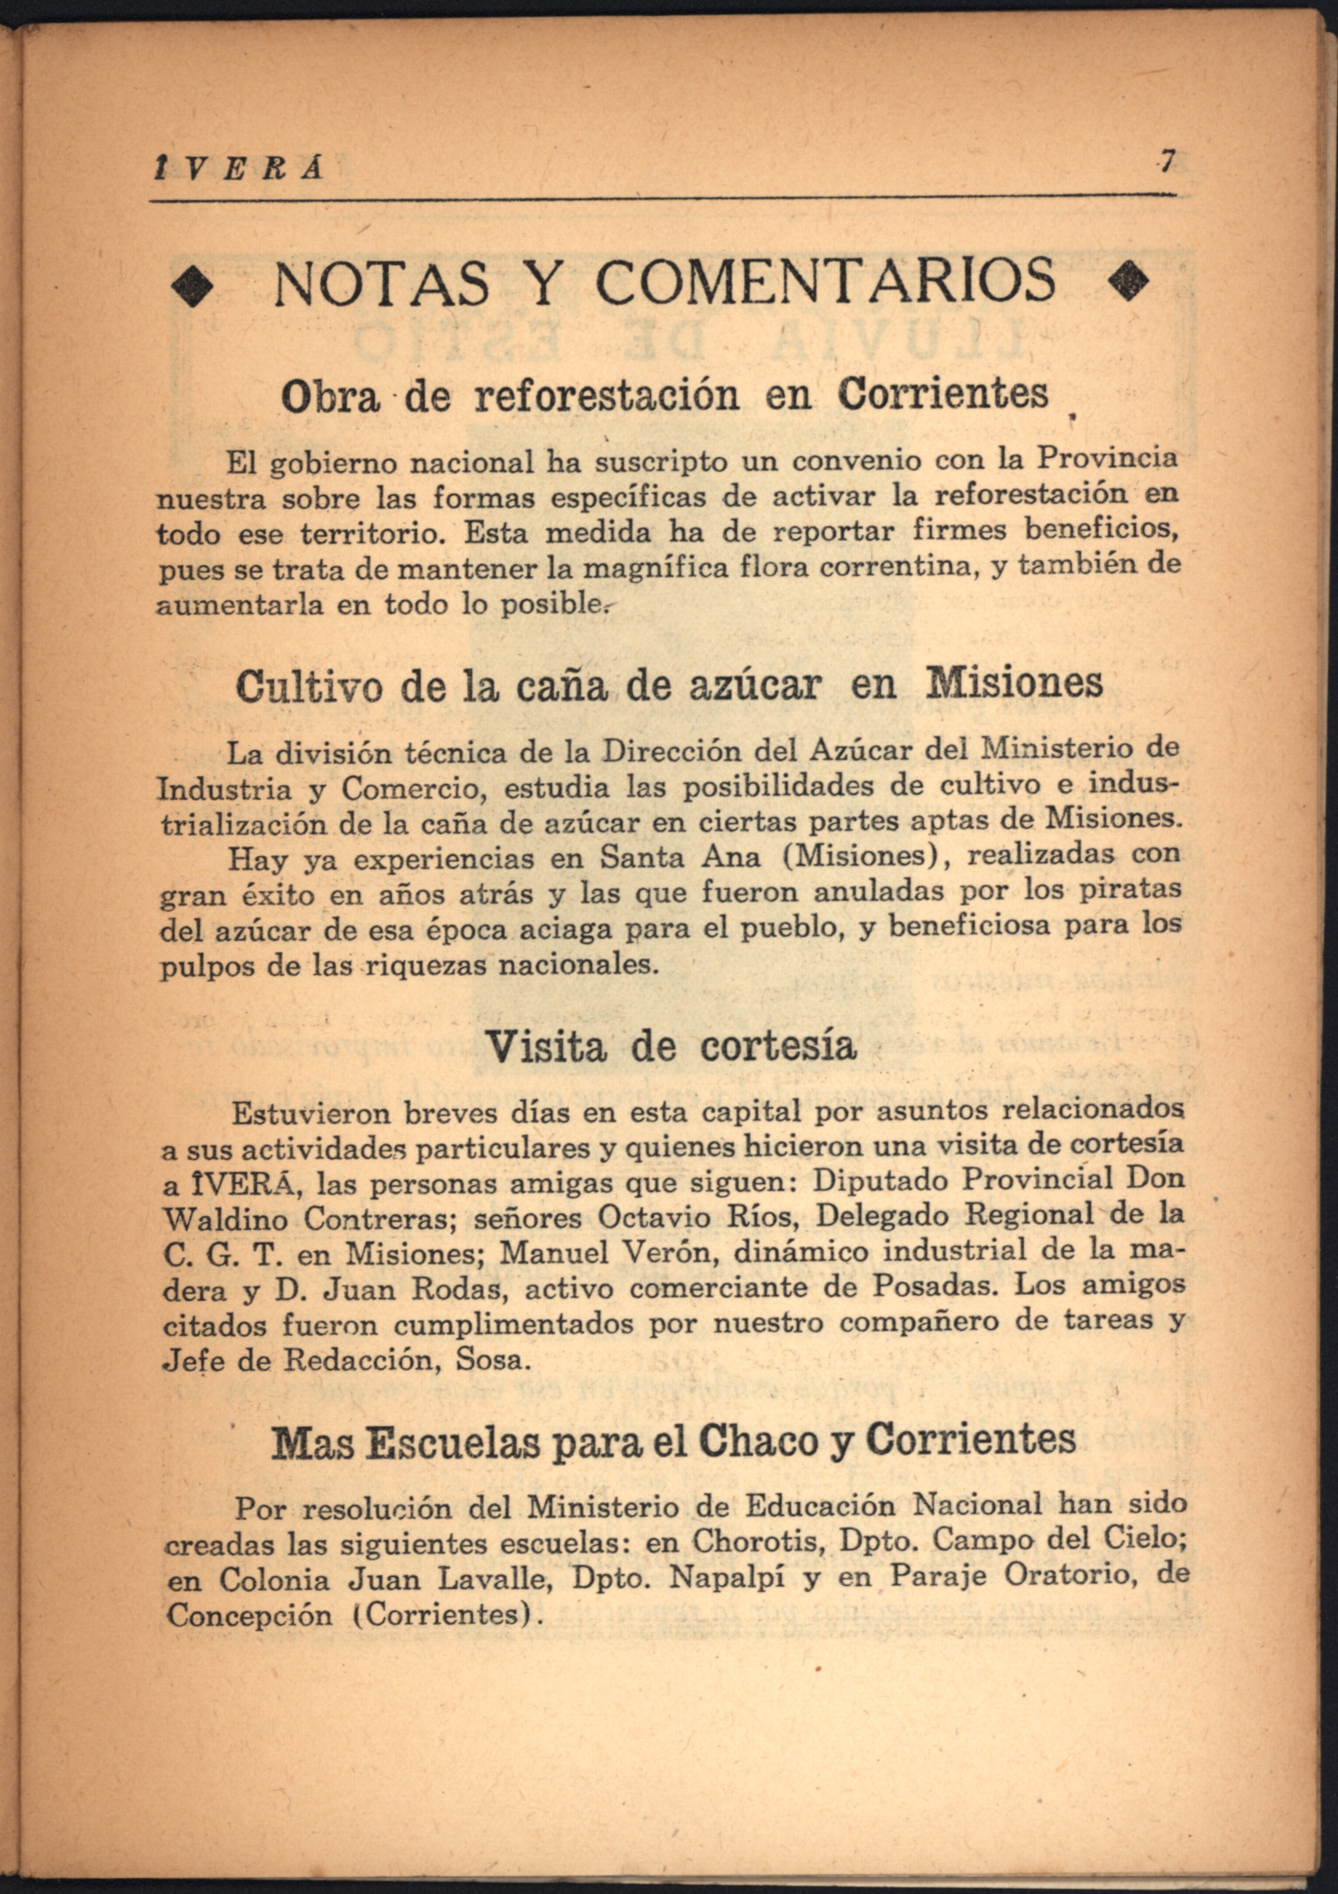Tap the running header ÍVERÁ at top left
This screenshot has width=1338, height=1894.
pos(239,169)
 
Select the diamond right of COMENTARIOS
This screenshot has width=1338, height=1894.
pos(1130,283)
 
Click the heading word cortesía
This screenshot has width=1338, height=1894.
pos(778,1046)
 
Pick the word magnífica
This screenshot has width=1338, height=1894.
pos(664,568)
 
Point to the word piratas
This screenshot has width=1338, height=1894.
pos(1130,890)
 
